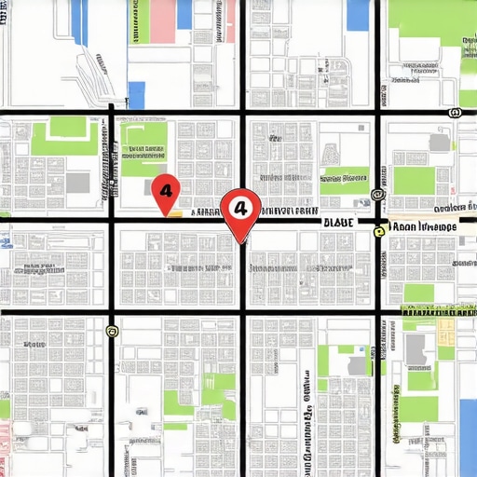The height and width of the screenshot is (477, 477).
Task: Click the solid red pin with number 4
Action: pyautogui.click(x=165, y=191)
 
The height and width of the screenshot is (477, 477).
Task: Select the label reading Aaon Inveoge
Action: pyautogui.click(x=424, y=226)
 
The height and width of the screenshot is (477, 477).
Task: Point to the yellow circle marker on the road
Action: pyautogui.click(x=379, y=231)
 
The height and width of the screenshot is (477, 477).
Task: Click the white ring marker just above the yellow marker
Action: pyautogui.click(x=377, y=196)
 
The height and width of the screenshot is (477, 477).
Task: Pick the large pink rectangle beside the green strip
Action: pyautogui.click(x=162, y=21)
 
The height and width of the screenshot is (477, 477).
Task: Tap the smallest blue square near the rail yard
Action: pyautogui.click(x=137, y=95)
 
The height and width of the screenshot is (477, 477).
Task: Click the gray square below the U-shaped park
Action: pyautogui.click(x=78, y=183)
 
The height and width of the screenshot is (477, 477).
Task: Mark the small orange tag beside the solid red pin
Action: pyautogui.click(x=173, y=212)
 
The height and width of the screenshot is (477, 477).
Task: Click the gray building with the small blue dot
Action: pyautogui.click(x=416, y=350)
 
